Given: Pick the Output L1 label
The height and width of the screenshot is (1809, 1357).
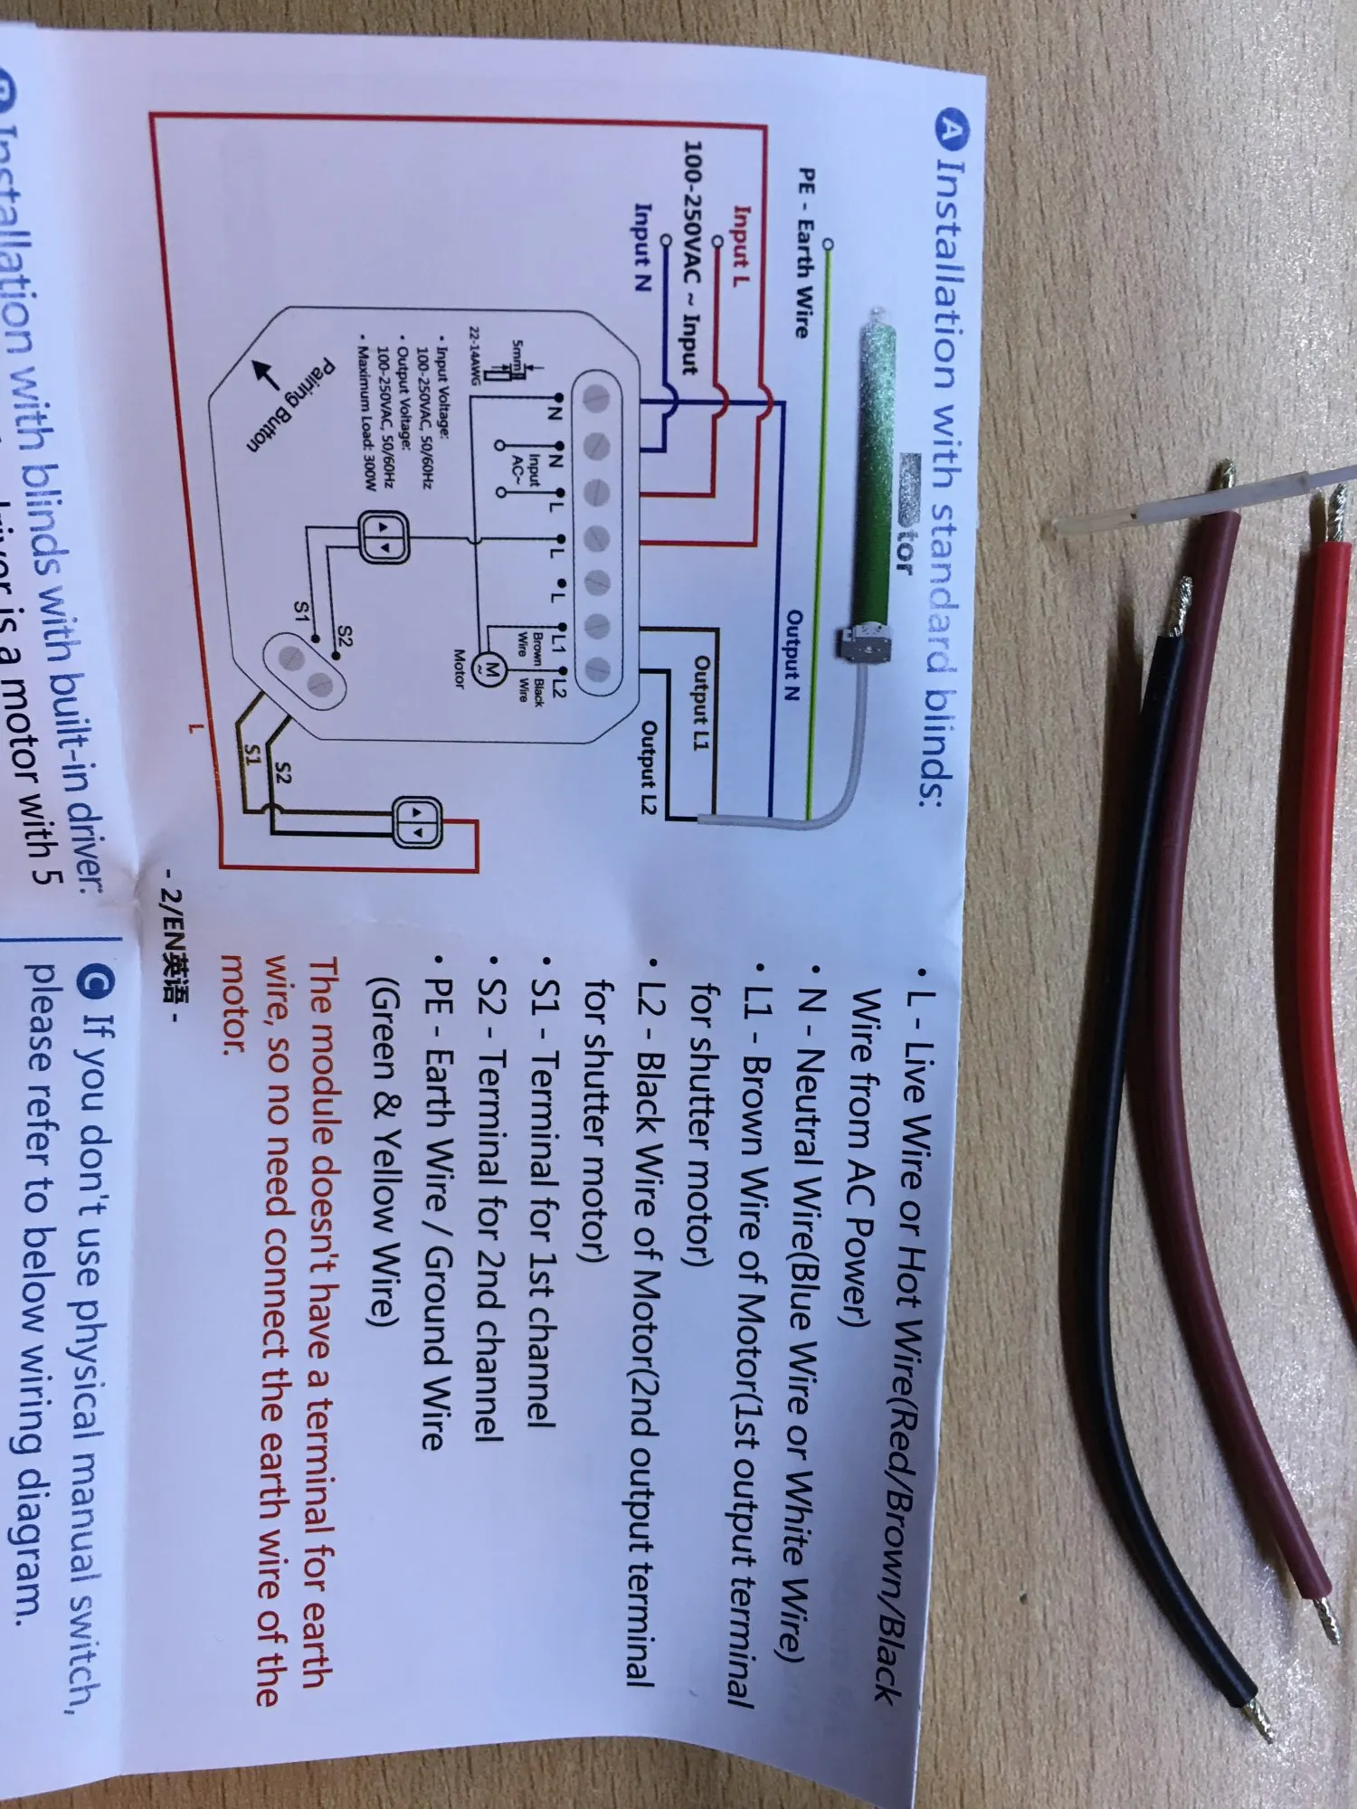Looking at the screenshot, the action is click(701, 696).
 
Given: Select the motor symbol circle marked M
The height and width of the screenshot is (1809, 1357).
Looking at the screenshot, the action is click(491, 670).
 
